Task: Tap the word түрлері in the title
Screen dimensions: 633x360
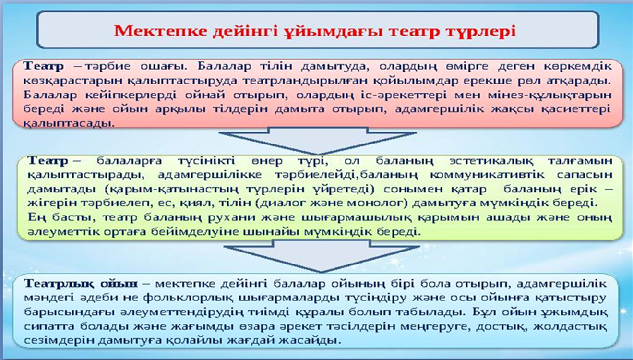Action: [x=481, y=32]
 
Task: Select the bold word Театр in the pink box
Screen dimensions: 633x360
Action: [x=44, y=66]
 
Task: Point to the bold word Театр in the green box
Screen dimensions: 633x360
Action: [x=48, y=161]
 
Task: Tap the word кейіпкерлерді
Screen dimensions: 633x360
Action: [x=131, y=95]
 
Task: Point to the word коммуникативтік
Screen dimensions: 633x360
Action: [x=487, y=175]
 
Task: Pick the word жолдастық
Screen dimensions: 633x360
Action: [x=570, y=327]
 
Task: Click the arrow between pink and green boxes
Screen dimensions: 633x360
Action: [x=318, y=140]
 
